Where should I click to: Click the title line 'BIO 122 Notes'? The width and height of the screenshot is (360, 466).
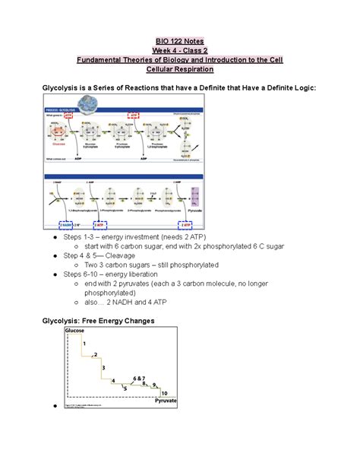coord(179,40)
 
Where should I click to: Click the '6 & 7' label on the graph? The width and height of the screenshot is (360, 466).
coord(138,379)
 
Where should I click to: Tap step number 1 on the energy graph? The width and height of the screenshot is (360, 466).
coord(84,344)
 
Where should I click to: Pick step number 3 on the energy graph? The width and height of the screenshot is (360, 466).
coord(104,367)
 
